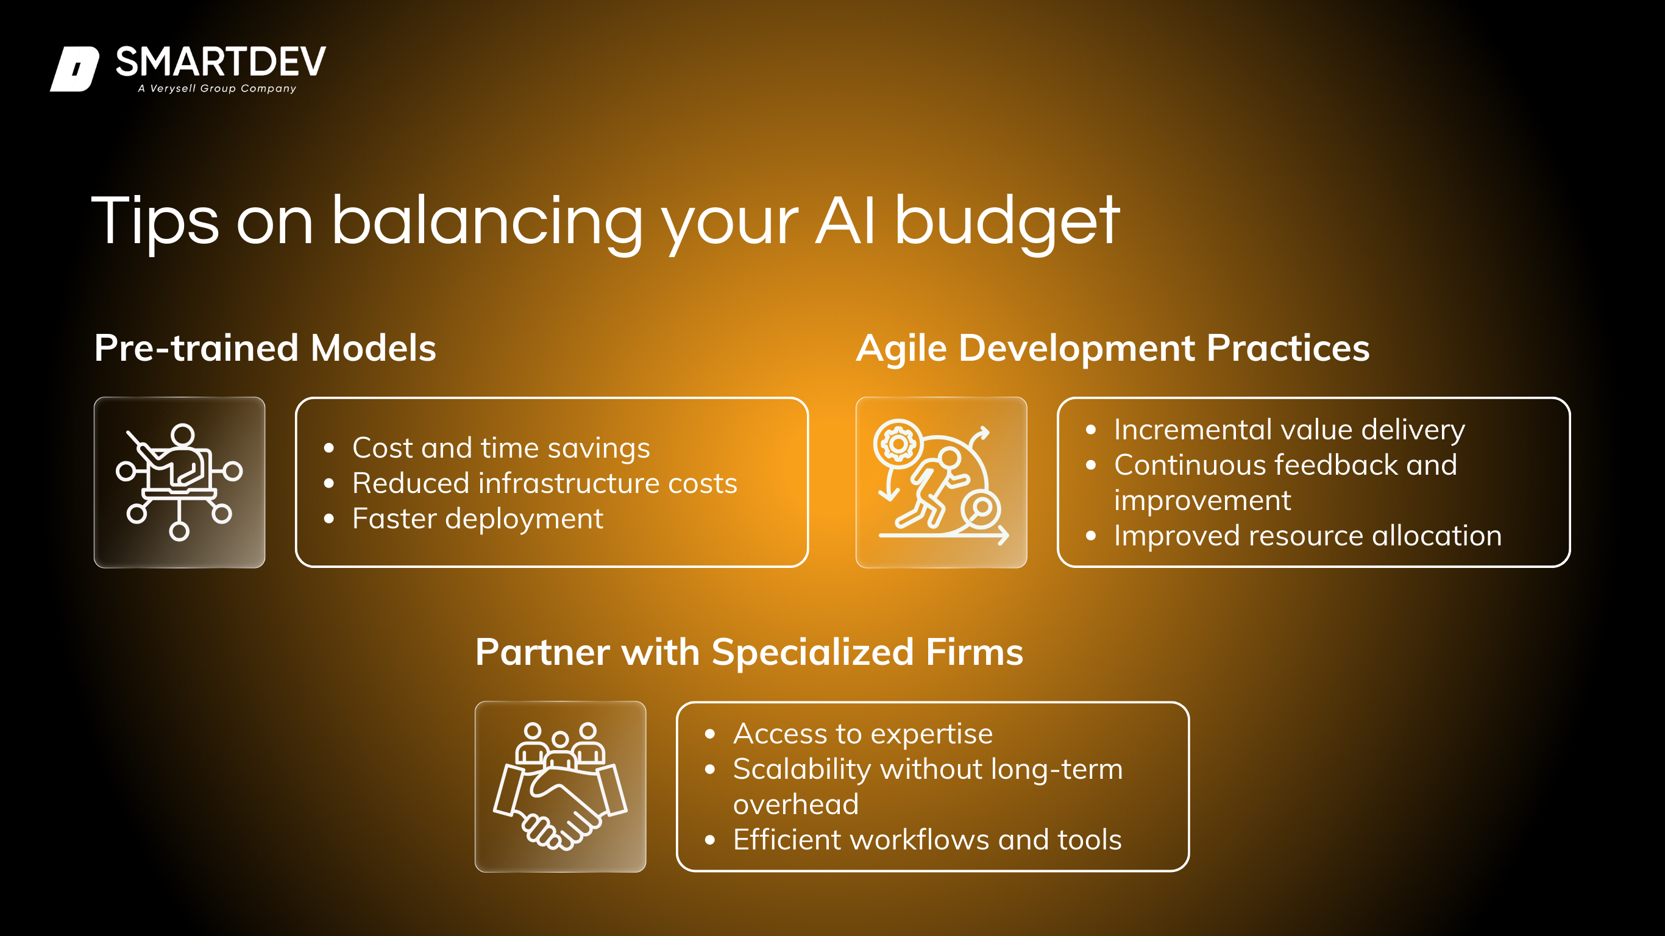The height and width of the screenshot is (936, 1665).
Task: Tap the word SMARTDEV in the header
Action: click(x=221, y=62)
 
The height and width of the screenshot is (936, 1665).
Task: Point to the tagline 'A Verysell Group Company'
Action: click(x=217, y=88)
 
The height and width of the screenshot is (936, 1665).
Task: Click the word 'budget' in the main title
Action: click(x=1007, y=222)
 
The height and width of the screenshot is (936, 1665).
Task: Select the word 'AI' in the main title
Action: click(x=846, y=221)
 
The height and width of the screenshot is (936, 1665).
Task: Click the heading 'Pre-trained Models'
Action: click(x=265, y=348)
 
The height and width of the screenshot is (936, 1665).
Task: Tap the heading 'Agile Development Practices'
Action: click(x=1113, y=349)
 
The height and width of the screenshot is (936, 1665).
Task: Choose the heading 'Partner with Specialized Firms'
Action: click(x=749, y=651)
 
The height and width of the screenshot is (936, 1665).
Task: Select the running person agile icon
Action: click(x=940, y=483)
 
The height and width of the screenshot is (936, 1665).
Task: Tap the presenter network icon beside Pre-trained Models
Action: click(x=179, y=482)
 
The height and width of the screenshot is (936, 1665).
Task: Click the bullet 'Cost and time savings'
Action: click(x=501, y=447)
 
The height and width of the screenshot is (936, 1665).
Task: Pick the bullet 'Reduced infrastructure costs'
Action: click(x=544, y=483)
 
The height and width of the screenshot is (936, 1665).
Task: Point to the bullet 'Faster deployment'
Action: click(x=477, y=519)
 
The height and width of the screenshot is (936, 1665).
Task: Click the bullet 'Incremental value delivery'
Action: click(x=1289, y=430)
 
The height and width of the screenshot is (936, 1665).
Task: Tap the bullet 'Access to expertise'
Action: click(x=862, y=734)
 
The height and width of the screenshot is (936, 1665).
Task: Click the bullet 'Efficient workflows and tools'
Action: click(x=927, y=840)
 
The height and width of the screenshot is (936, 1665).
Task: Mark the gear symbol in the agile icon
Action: click(x=898, y=444)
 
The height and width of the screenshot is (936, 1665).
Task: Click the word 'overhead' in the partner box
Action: click(x=796, y=805)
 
